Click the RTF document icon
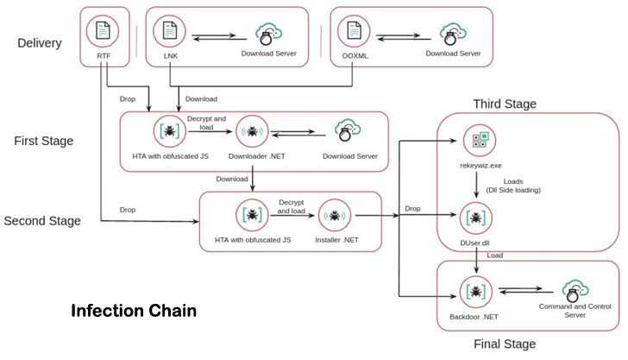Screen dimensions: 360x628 click(x=104, y=32)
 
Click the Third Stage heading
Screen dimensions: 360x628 click(x=504, y=104)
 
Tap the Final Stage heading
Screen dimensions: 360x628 click(x=504, y=344)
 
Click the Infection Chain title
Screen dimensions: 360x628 click(x=134, y=310)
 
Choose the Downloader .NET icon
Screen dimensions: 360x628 click(x=252, y=131)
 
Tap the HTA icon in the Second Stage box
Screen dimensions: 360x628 click(x=251, y=213)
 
